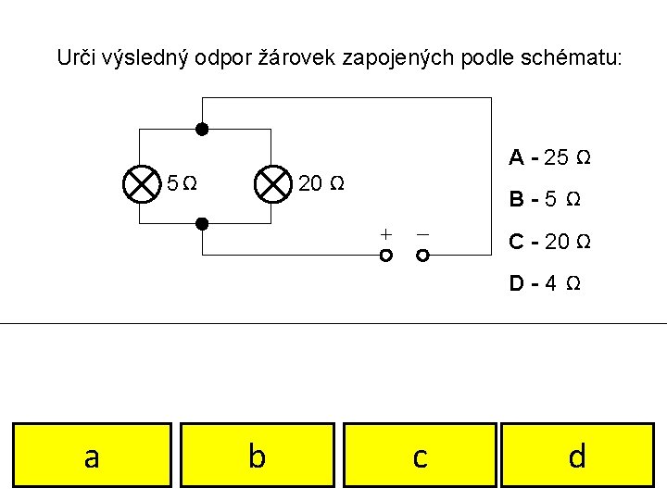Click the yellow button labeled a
92,455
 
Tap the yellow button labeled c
420,455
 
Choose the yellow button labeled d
577,455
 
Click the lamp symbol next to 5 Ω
141,183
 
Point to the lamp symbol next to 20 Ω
272,183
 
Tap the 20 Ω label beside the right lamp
321,183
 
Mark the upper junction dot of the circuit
201,130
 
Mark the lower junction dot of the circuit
201,223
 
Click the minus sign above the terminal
422,233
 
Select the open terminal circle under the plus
386,255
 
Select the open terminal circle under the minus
422,255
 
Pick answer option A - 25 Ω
549,157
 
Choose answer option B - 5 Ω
546,199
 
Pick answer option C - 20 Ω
550,242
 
